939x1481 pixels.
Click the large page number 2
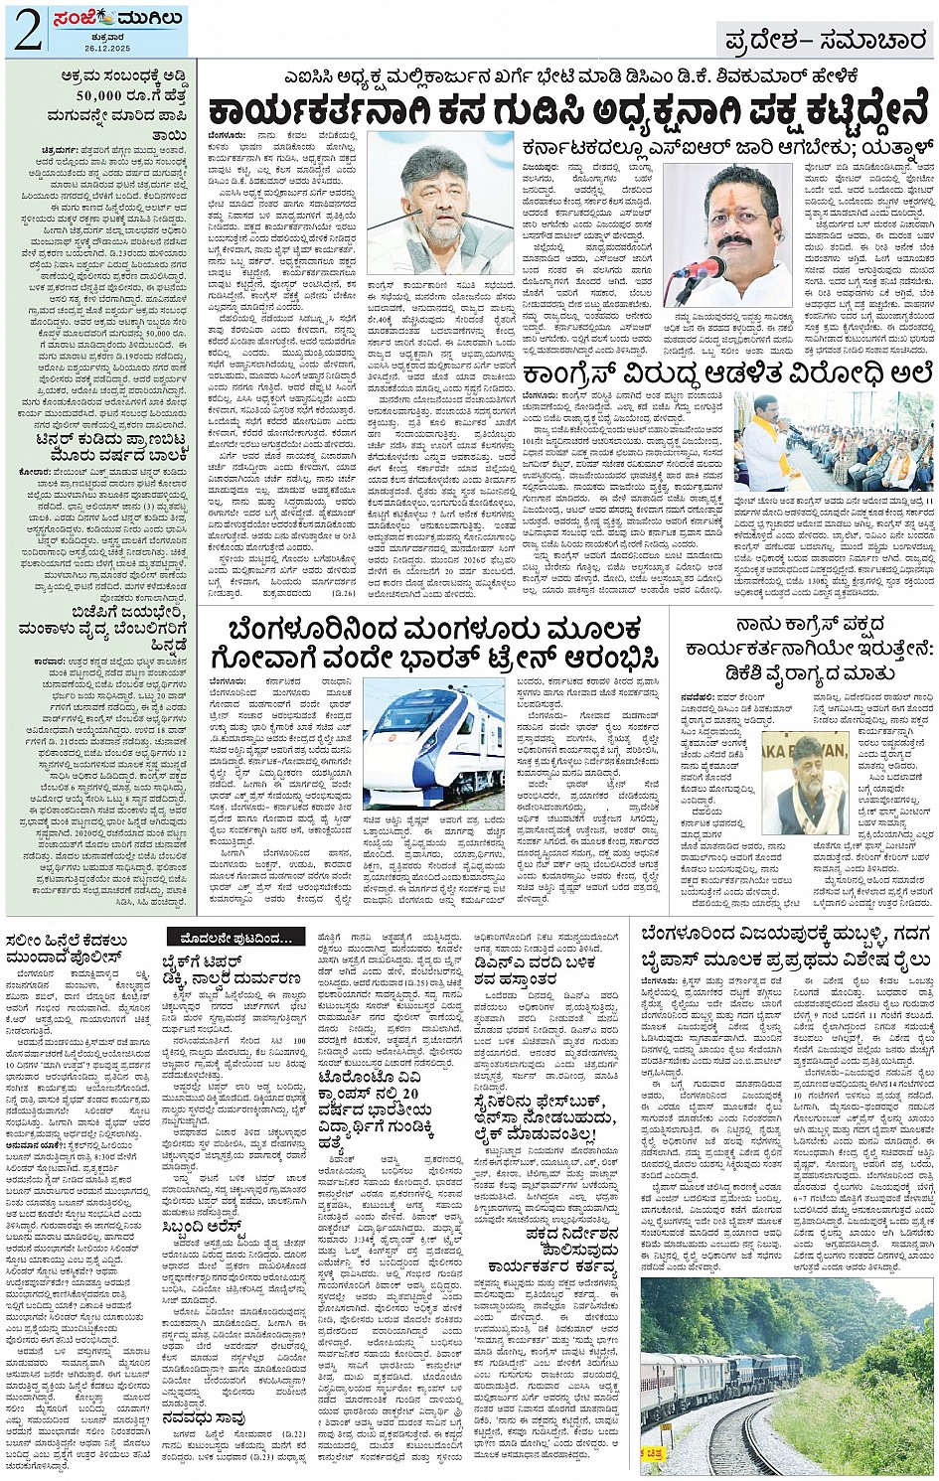coord(27,31)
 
